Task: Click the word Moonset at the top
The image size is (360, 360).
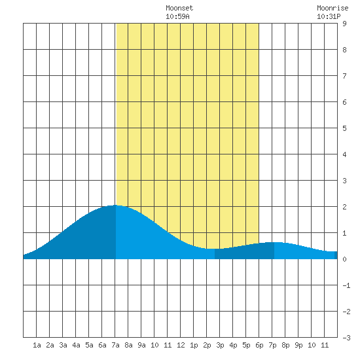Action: (x=179, y=8)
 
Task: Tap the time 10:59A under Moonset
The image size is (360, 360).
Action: (x=177, y=16)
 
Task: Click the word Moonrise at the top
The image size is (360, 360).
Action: (x=333, y=8)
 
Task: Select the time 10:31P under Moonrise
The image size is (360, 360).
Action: (x=329, y=16)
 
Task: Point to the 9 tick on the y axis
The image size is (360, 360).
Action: (x=344, y=24)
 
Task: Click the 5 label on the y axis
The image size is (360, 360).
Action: (x=344, y=128)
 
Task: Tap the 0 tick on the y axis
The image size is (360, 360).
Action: (x=344, y=259)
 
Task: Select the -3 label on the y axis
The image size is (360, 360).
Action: (x=346, y=338)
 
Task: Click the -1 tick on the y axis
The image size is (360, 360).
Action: (x=346, y=285)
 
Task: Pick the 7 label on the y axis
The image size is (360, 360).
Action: (x=344, y=76)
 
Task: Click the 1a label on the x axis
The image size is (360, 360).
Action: (x=37, y=345)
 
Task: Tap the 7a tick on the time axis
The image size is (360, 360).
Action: (x=115, y=345)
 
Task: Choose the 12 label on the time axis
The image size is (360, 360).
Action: (x=181, y=345)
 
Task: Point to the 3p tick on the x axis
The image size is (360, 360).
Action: (x=220, y=345)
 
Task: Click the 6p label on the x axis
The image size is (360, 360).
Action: (x=259, y=345)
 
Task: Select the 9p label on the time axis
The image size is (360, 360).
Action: (x=298, y=345)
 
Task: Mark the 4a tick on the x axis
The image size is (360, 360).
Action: (x=76, y=345)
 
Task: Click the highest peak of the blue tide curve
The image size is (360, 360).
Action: (x=115, y=206)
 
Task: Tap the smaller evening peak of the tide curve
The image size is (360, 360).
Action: (x=274, y=242)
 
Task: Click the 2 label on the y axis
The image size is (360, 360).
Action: (x=344, y=207)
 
